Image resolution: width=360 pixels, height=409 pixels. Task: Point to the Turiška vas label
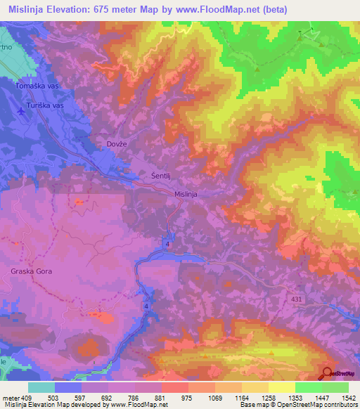pos(45,105)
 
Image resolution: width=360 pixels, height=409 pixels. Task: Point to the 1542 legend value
pos(347,398)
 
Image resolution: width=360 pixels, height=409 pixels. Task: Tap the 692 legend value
pos(108,398)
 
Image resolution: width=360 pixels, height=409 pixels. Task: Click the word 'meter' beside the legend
pos(11,398)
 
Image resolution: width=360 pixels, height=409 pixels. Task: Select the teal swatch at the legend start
pos(41,387)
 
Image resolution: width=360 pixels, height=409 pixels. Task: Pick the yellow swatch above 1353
pos(282,387)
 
